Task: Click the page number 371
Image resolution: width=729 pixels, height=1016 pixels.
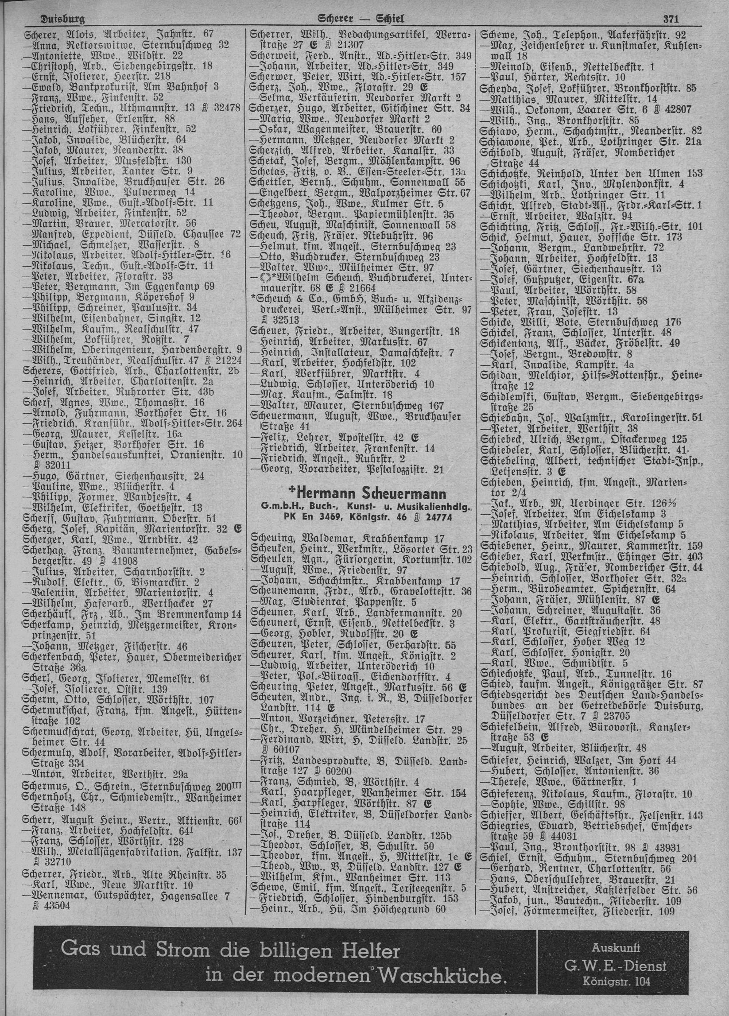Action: pos(671,19)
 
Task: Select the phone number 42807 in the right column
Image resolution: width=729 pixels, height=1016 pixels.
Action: pos(679,110)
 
